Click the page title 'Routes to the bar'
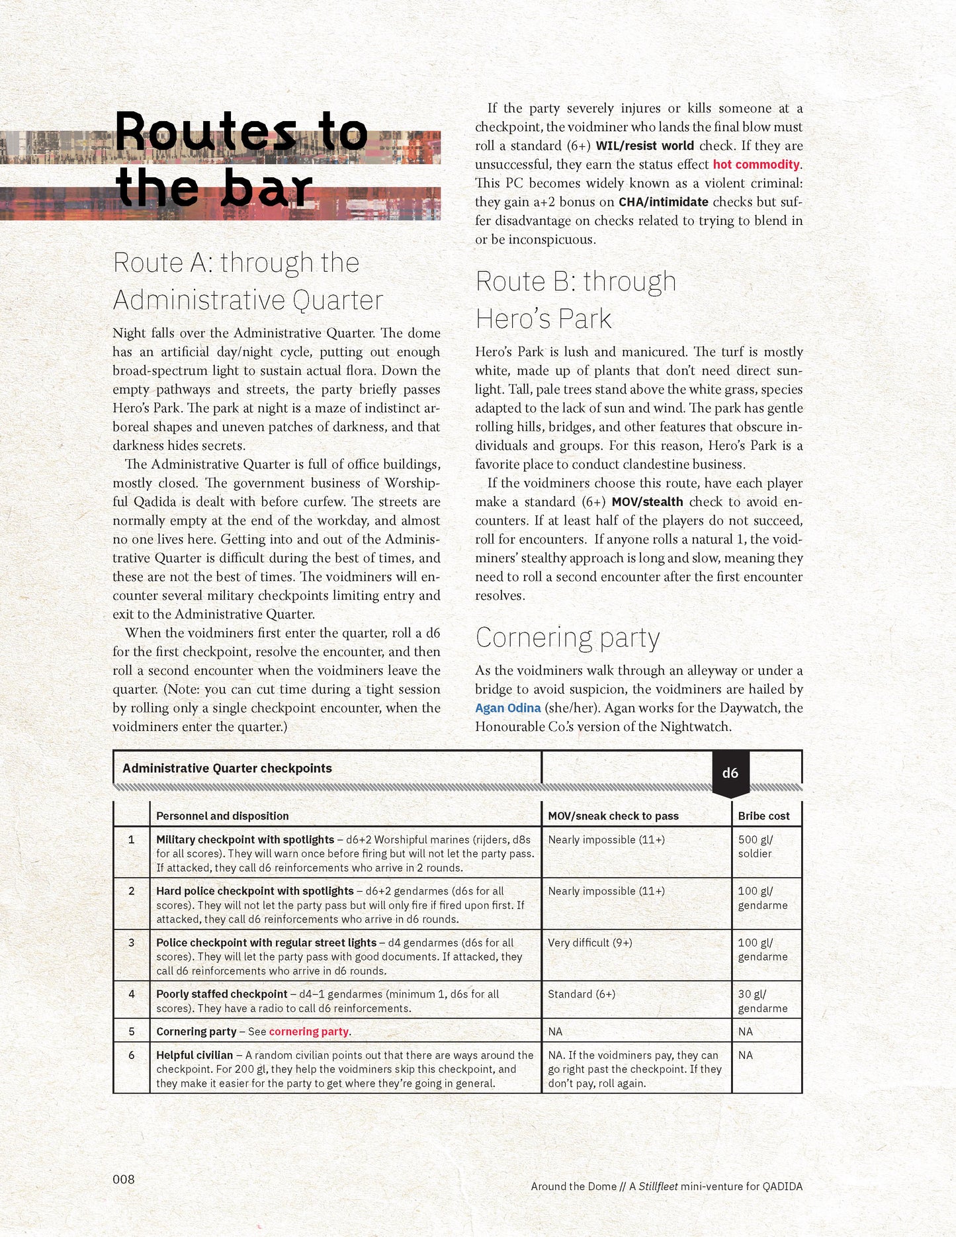click(241, 159)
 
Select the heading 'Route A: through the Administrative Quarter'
click(247, 281)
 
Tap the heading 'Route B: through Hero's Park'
click(575, 300)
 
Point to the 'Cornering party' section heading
click(567, 638)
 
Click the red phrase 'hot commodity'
click(756, 164)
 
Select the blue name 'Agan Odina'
click(507, 708)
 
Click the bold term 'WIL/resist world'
click(644, 146)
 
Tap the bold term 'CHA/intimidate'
click(663, 202)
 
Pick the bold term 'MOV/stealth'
click(647, 502)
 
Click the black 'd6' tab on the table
click(730, 773)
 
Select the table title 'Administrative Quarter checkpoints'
click(227, 768)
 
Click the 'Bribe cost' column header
click(763, 816)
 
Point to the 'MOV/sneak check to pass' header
click(613, 816)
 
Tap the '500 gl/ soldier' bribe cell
click(756, 846)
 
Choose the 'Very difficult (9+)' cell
click(589, 943)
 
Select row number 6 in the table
click(132, 1055)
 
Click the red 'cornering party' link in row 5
click(308, 1031)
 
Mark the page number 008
click(124, 1179)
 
